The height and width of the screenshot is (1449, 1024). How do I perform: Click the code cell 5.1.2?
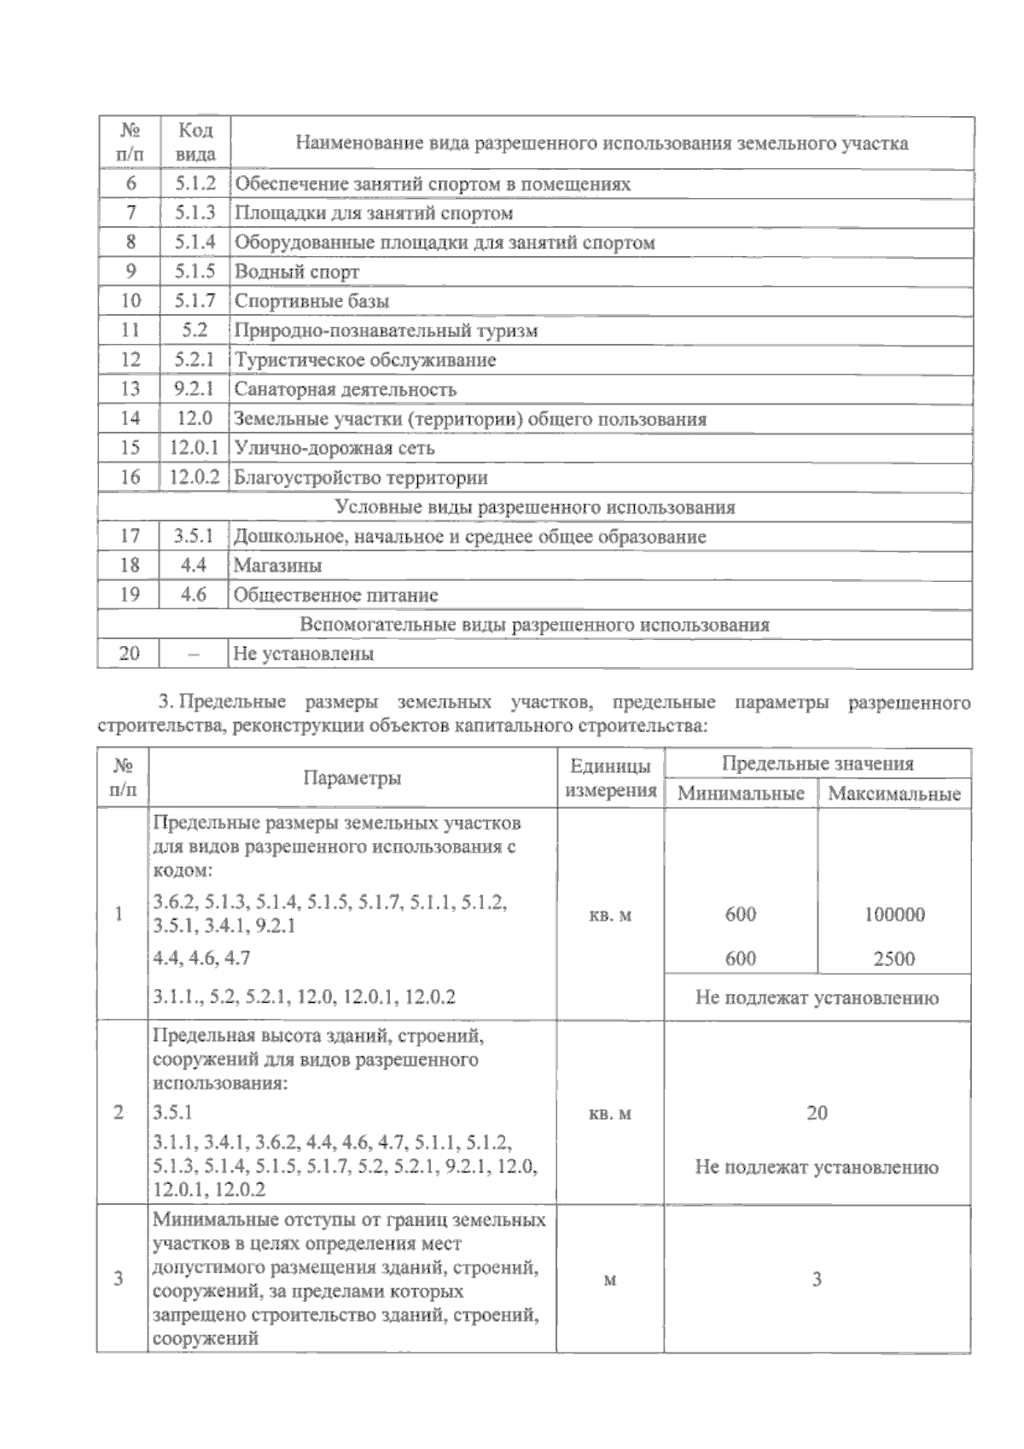point(195,183)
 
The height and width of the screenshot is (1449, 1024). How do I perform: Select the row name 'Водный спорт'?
point(297,271)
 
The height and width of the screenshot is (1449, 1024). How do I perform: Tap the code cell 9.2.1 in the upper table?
point(195,389)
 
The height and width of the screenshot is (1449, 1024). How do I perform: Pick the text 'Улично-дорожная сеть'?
point(335,448)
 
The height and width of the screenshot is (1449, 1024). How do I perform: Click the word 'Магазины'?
point(277,566)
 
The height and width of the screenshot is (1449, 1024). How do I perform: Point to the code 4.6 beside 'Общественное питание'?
point(195,595)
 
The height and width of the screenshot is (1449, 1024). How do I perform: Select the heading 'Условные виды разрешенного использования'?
point(535,508)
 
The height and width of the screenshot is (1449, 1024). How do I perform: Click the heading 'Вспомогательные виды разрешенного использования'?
point(535,625)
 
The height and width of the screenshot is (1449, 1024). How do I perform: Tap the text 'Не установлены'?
point(304,655)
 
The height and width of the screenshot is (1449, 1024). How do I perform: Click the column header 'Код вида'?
point(195,143)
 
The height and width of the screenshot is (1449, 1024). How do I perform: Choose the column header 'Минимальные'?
point(741,794)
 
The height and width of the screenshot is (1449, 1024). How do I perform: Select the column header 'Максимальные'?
point(894,794)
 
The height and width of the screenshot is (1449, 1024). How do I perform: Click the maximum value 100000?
point(894,915)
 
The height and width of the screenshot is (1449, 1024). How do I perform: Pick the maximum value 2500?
point(894,958)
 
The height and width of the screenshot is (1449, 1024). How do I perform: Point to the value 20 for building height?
point(817,1113)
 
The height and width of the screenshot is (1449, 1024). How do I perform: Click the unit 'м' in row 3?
point(610,1280)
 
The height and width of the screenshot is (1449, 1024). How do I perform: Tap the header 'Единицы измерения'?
point(610,777)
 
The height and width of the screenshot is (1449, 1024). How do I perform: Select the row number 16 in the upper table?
point(130,477)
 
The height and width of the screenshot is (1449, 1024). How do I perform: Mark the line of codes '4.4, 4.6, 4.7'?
point(201,958)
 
